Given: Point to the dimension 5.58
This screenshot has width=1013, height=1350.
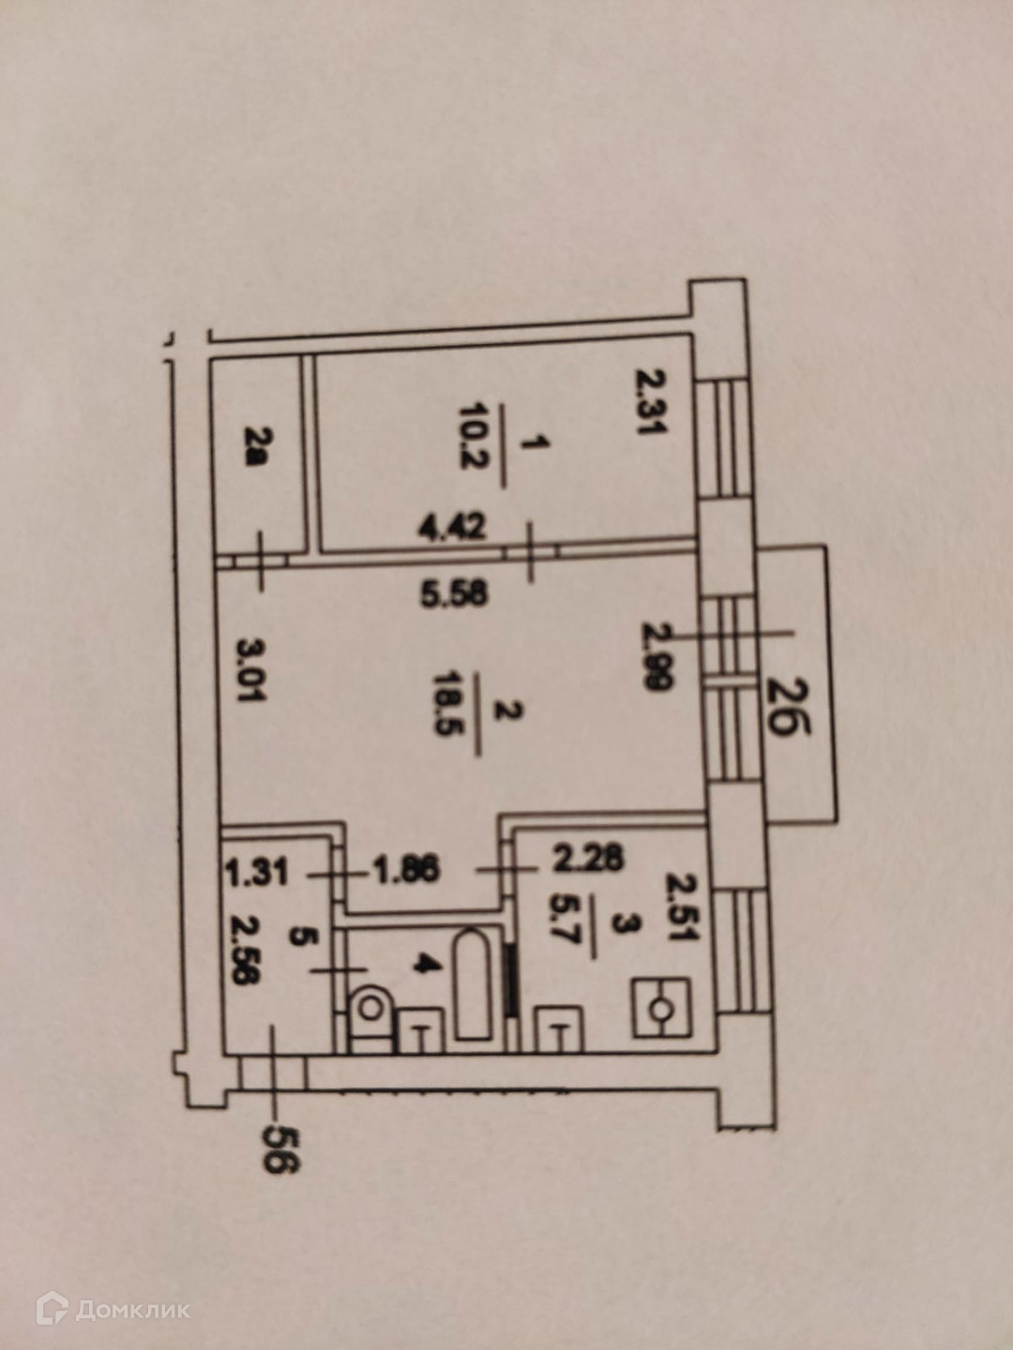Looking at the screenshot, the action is (x=453, y=593).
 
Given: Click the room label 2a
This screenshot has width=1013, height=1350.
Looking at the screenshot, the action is (x=255, y=449).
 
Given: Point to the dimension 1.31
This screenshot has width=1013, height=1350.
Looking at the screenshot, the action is (x=256, y=873).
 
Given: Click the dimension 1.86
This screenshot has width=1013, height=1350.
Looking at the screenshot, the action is (x=406, y=870).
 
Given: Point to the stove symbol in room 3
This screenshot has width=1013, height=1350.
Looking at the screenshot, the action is (x=662, y=1008).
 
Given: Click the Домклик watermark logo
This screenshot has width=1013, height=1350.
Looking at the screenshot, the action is (x=113, y=1309).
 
